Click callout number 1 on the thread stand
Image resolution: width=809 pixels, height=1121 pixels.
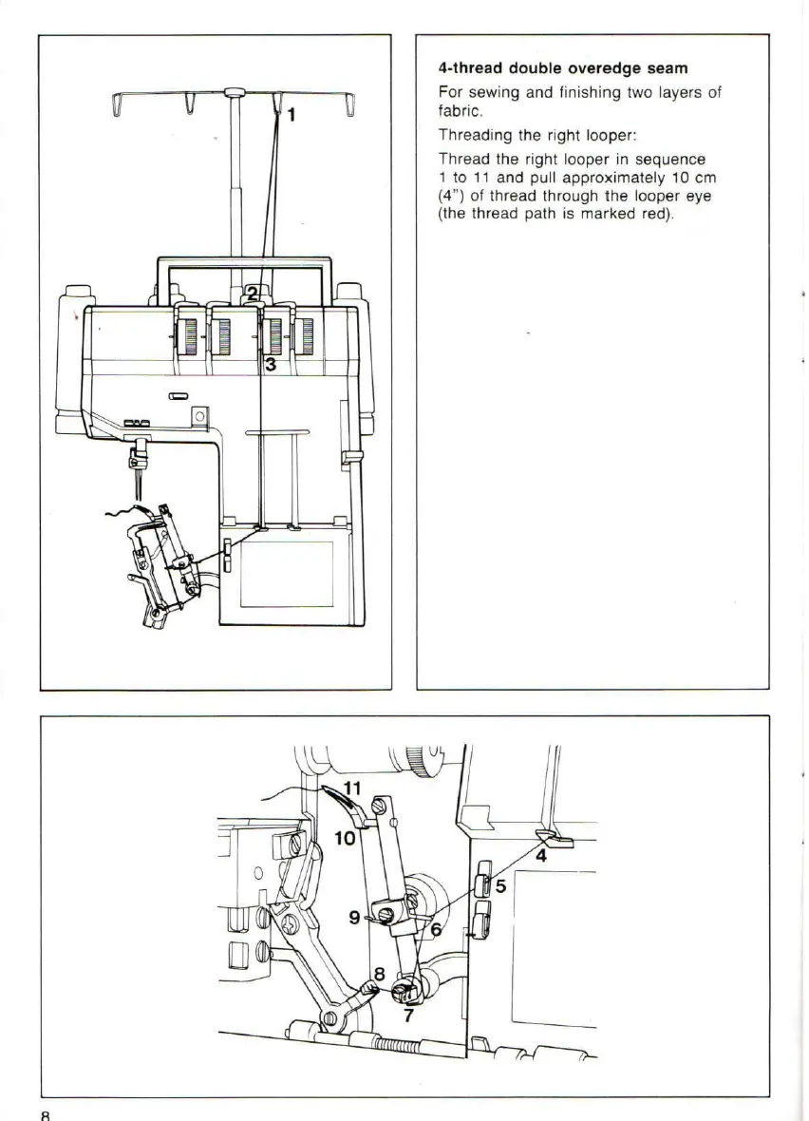point(291,115)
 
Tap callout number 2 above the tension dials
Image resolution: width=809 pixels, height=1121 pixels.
point(252,294)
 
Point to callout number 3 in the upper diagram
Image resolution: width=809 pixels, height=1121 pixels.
point(271,364)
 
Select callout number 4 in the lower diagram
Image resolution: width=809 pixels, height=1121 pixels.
point(541,855)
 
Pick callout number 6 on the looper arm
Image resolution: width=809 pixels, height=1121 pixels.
point(436,930)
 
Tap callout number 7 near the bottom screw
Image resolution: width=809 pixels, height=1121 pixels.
point(408,1016)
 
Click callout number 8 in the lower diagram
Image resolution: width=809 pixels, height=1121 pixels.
point(379,973)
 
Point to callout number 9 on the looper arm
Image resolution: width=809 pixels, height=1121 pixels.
point(353,917)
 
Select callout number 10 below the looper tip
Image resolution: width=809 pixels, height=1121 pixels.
point(346,837)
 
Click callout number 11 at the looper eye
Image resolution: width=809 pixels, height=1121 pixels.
point(353,788)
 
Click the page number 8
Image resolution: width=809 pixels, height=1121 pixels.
point(45,1113)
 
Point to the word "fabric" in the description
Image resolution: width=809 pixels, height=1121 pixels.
point(455,109)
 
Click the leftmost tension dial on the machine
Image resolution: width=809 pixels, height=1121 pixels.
point(188,334)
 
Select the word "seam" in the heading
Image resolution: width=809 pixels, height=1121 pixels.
point(666,68)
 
